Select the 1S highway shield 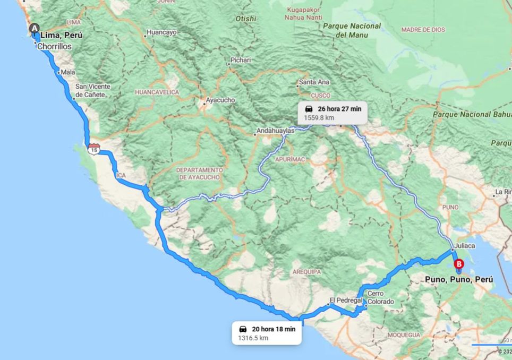pyautogui.click(x=94, y=149)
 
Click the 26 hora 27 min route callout pyautogui.click(x=332, y=113)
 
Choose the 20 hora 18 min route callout pyautogui.click(x=267, y=333)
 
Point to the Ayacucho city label pyautogui.click(x=220, y=100)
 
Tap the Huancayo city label pyautogui.click(x=161, y=32)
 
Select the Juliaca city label pyautogui.click(x=465, y=246)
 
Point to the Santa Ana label pyautogui.click(x=314, y=82)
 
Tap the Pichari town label pyautogui.click(x=241, y=60)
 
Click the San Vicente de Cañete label pyautogui.click(x=92, y=90)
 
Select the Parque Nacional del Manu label pyautogui.click(x=352, y=30)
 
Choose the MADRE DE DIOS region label pyautogui.click(x=423, y=30)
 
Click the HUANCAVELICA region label pyautogui.click(x=157, y=92)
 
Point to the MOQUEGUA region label pyautogui.click(x=404, y=335)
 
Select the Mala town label pyautogui.click(x=68, y=72)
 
